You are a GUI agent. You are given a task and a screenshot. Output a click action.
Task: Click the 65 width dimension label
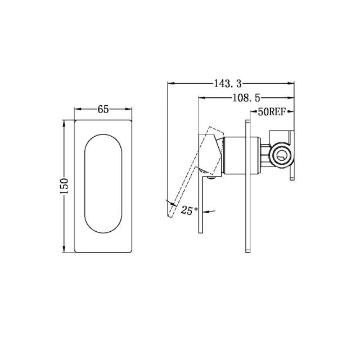coord(103,110)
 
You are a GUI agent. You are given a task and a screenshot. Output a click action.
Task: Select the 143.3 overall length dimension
coord(227,84)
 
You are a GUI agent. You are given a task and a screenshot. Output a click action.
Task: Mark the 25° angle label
coord(189,210)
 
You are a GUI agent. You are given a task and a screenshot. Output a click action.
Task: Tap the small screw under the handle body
coord(211,179)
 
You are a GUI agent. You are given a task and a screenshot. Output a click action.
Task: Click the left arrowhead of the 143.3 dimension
coord(171,84)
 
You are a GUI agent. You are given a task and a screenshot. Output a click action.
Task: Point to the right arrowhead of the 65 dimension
coord(130,110)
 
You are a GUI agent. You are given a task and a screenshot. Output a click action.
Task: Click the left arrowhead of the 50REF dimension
coord(250,112)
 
